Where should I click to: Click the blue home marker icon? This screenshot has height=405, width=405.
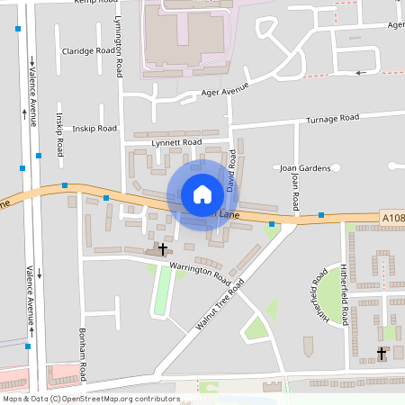tap(202, 193)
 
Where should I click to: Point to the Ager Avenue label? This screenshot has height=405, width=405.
tap(225, 92)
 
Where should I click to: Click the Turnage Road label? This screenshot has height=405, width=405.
tap(332, 118)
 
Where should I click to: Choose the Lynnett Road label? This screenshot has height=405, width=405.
tap(177, 142)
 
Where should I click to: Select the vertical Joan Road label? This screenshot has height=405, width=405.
tap(294, 192)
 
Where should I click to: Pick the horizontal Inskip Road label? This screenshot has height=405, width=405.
tap(94, 129)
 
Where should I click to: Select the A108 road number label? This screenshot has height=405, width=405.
tap(392, 218)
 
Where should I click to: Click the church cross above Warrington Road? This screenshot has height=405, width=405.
tap(163, 247)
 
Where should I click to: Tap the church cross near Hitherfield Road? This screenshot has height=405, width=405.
tap(381, 354)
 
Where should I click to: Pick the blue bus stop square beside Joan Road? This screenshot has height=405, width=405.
tap(321, 215)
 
